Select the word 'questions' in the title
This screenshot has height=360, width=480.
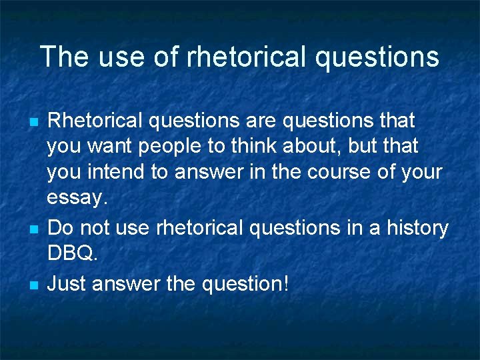pyautogui.click(x=377, y=58)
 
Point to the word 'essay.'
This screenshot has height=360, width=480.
pyautogui.click(x=77, y=198)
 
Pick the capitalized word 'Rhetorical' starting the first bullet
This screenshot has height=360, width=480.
pyautogui.click(x=95, y=121)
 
